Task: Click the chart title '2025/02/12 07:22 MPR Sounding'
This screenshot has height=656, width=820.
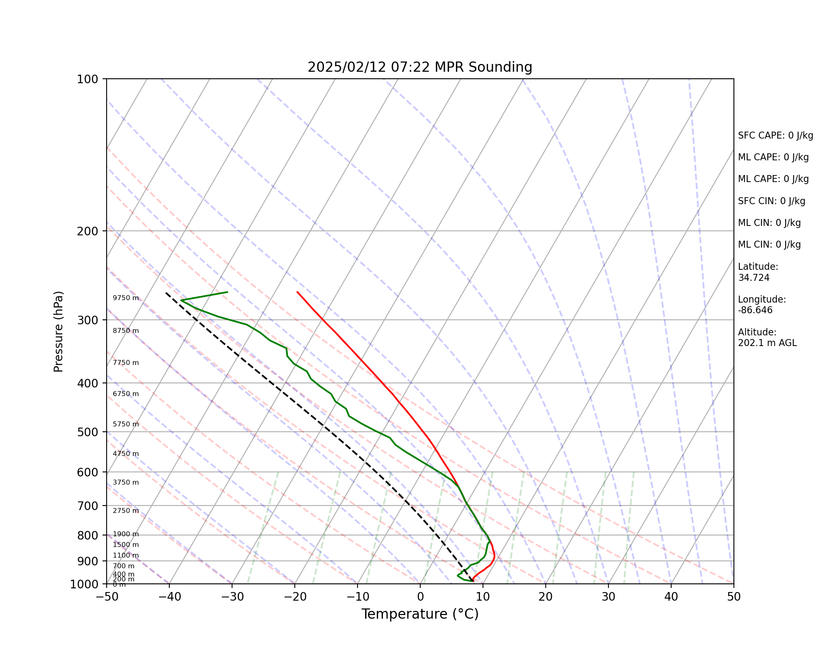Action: tap(420, 67)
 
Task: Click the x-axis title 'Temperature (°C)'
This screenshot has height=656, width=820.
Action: tap(420, 614)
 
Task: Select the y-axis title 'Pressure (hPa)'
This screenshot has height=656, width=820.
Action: tap(59, 331)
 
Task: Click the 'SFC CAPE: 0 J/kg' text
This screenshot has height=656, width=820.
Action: tap(775, 136)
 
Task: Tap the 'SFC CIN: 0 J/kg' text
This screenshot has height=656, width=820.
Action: tap(771, 201)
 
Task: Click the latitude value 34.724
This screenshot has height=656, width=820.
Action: tap(754, 278)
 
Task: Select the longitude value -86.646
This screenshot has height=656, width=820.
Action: tap(755, 310)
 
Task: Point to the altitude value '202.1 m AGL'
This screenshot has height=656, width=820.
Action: tap(767, 343)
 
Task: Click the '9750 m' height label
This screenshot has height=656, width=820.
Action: tap(126, 298)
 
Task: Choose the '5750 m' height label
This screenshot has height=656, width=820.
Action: tap(126, 424)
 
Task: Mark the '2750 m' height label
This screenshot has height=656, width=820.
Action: tap(126, 511)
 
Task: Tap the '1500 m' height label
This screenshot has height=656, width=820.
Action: tap(126, 545)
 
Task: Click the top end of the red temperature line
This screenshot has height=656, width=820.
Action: tap(297, 292)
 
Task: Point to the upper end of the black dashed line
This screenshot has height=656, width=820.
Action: tap(166, 293)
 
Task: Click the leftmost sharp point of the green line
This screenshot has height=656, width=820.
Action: tap(181, 301)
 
